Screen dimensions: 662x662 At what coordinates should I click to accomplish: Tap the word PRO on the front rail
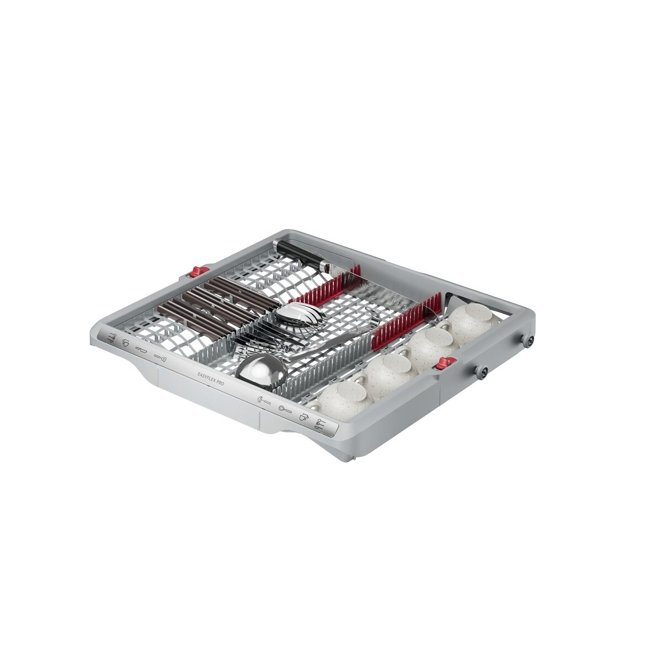[220, 382]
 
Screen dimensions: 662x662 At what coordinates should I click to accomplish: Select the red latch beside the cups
[446, 363]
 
